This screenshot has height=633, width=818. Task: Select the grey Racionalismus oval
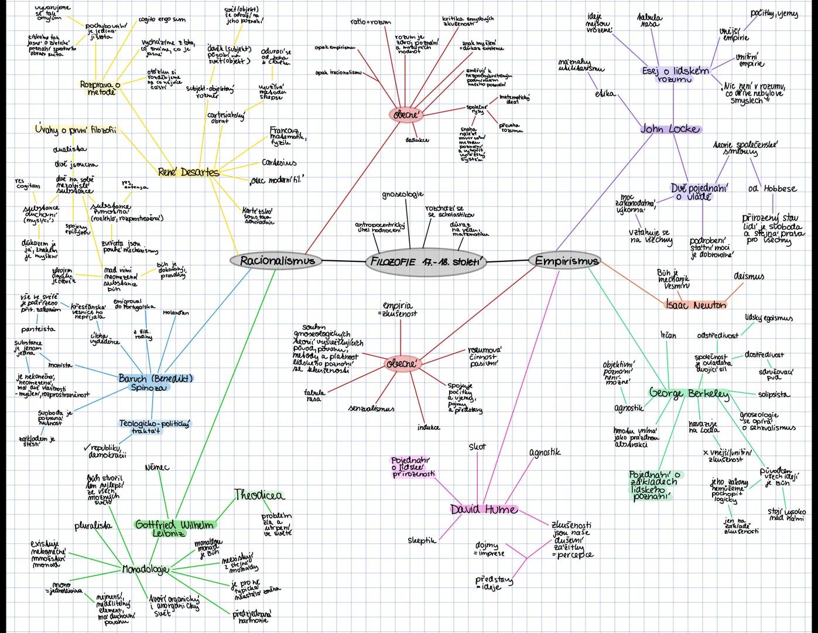point(277,261)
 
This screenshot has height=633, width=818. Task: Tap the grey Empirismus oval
point(566,261)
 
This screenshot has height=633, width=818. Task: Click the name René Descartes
point(188,172)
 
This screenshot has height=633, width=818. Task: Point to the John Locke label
point(669,129)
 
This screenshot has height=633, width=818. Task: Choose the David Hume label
point(484,509)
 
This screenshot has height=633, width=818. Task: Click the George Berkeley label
point(689,393)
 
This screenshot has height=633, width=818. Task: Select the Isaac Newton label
point(696,305)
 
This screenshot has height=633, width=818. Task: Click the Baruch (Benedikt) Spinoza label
point(155,383)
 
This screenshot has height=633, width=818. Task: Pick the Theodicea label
point(259,496)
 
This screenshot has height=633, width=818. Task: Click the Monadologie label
point(145,569)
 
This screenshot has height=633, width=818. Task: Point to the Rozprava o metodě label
point(101,89)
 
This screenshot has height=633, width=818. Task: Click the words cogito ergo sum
point(162,19)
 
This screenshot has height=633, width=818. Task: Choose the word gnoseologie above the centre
point(402,194)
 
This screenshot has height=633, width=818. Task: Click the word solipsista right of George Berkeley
point(773,394)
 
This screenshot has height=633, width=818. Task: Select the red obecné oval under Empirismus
point(403,364)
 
